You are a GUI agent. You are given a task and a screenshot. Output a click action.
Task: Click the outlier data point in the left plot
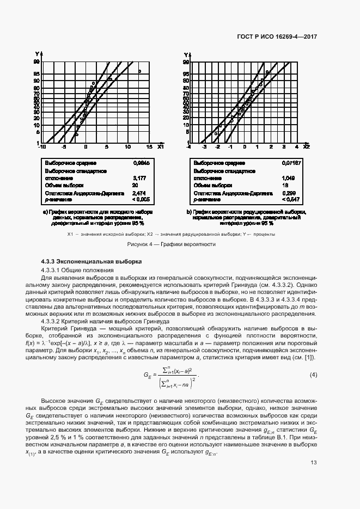139,71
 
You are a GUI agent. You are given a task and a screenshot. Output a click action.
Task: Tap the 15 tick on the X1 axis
149,147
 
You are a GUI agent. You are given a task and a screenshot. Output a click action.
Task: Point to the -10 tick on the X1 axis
42,147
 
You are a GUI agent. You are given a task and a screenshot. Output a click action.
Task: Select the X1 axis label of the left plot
161,147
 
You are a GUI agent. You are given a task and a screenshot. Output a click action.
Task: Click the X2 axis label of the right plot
307,147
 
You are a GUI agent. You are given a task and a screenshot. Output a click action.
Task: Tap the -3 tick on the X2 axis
204,147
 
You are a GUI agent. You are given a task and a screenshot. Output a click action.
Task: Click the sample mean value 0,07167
291,162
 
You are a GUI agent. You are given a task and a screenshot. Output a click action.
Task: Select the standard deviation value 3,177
140,178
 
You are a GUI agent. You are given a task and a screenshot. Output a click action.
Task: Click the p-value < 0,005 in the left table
141,200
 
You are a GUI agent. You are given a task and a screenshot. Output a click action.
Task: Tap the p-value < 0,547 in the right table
290,200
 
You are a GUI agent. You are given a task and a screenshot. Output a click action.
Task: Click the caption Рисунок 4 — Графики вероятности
171,244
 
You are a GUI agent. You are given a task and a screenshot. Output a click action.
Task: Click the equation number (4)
313,376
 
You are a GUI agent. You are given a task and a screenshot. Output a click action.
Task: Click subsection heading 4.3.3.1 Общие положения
77,270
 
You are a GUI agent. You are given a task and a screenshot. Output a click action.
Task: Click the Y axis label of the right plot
186,55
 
